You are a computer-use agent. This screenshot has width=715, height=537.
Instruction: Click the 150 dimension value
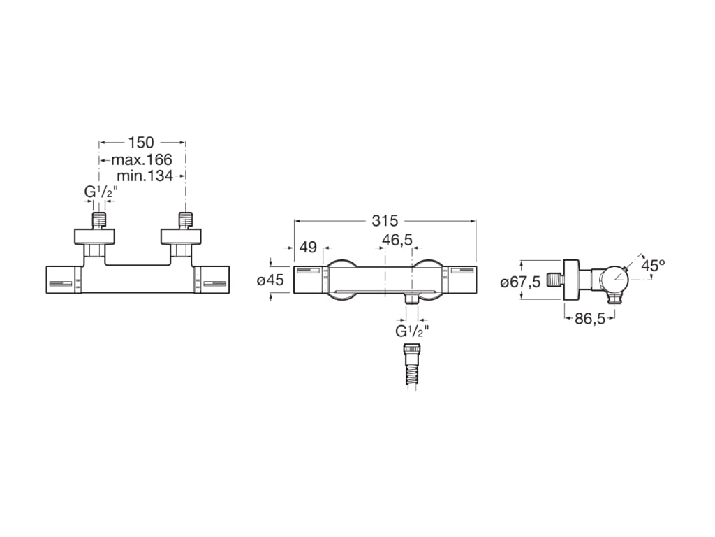141,143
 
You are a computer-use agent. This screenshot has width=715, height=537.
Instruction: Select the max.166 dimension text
141,159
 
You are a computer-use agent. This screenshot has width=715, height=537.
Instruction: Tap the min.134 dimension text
145,176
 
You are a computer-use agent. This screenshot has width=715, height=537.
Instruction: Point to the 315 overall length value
385,221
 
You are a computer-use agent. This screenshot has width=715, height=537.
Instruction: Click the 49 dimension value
308,247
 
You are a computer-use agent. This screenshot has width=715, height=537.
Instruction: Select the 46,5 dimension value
397,240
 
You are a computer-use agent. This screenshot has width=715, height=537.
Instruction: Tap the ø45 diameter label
270,280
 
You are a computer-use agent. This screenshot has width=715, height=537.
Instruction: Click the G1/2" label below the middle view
412,331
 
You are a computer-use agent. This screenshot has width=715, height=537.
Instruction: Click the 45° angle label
653,266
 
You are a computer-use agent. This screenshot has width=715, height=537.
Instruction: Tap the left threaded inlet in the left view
100,218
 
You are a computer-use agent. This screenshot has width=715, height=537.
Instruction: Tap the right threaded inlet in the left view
185,218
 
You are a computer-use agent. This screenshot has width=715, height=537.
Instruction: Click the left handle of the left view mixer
63,280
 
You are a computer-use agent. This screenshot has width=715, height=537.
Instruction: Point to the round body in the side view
615,280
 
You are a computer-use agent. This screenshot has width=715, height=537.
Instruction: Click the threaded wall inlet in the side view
555,280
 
